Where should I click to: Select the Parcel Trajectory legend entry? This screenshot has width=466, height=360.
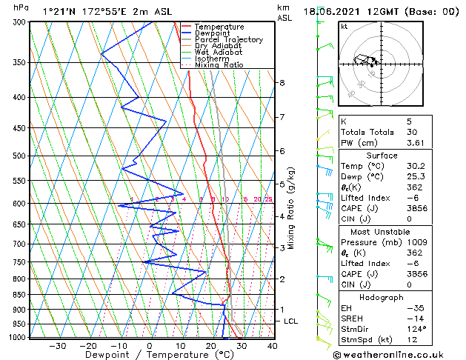point(228,40)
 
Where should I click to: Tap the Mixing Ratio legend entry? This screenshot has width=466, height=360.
point(223,65)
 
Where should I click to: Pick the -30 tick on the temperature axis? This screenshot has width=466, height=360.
point(57,346)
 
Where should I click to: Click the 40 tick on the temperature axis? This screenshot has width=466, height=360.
point(272,346)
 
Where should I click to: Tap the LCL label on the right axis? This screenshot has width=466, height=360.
point(291,321)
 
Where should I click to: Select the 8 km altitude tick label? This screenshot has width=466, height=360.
point(282,82)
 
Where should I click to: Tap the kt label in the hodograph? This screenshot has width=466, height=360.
point(344,27)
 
